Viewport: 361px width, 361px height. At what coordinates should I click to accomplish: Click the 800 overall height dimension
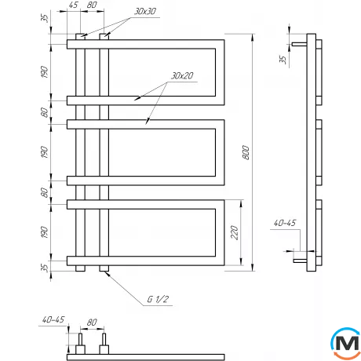(246, 155)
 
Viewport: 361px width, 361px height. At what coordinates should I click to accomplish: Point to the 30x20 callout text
(180, 75)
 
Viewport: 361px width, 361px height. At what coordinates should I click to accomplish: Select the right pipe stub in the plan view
(103, 341)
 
